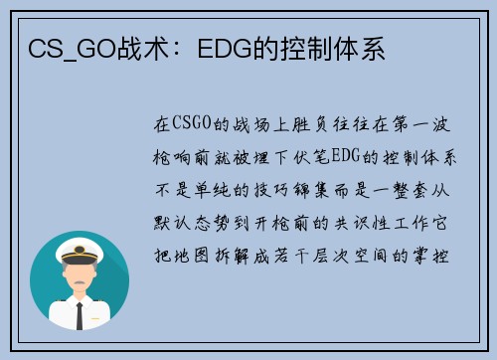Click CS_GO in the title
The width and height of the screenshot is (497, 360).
(x=73, y=50)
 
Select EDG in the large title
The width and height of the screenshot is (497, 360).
(x=225, y=50)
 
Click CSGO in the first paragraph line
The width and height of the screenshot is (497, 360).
(x=192, y=123)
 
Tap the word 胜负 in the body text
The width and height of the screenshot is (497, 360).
(x=310, y=124)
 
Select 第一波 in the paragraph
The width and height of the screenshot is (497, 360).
(x=421, y=124)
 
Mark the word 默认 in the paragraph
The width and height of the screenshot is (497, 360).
(x=172, y=223)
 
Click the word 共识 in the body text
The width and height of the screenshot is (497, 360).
(x=350, y=223)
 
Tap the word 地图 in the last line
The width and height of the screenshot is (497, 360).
(x=192, y=256)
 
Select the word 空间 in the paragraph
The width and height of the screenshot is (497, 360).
(x=370, y=256)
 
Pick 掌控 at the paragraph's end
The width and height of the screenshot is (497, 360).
(x=430, y=256)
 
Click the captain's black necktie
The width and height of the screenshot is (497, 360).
(x=80, y=316)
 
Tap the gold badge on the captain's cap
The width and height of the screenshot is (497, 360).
(x=80, y=250)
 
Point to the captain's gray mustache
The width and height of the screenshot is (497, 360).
(x=80, y=282)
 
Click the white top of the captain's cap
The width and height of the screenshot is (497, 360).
(x=80, y=247)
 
